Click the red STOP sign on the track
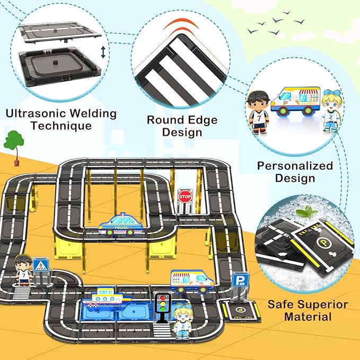pos(185,197)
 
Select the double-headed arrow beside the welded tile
pos(103,52)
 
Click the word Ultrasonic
pos(31,113)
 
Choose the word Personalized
pos(295,166)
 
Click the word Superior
pos(322,305)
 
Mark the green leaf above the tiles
pos(303,213)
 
